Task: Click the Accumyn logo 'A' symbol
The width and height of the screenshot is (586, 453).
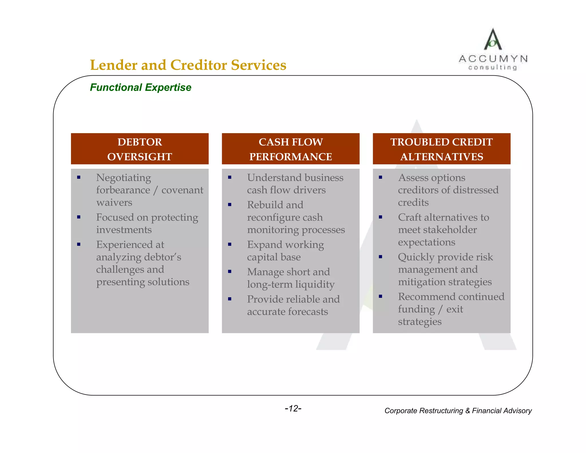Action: tap(492, 40)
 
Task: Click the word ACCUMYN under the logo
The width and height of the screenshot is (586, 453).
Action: tap(493, 59)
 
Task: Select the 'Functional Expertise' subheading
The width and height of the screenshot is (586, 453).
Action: tap(140, 87)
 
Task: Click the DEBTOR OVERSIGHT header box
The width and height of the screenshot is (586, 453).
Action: tap(140, 149)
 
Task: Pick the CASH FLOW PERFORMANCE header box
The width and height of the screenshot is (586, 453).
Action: tap(290, 149)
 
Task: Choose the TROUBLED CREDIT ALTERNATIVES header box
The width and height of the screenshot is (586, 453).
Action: tap(441, 149)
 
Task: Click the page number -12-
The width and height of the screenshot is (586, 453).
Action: tap(293, 408)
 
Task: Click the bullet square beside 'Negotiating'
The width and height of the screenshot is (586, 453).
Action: tap(79, 178)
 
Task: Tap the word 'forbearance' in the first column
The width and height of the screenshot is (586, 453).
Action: tap(123, 190)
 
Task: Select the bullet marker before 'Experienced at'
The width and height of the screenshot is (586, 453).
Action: tap(79, 245)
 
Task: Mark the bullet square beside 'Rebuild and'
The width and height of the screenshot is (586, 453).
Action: tap(229, 205)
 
